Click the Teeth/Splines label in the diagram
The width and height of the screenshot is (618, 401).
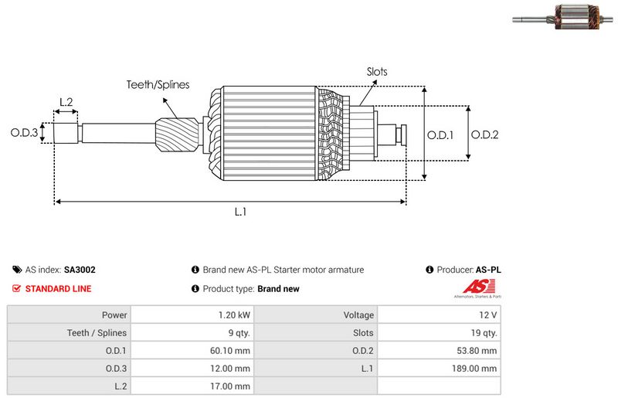158,85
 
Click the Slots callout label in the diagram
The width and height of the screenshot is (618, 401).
377,72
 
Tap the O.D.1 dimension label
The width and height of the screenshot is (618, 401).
440,134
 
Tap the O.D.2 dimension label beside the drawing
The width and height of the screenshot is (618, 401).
484,134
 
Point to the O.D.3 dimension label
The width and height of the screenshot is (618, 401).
24,133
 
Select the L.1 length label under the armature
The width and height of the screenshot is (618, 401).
240,212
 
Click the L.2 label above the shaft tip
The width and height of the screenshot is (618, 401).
66,102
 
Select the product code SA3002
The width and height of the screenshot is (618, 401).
80,270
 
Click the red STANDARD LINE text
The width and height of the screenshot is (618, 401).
58,289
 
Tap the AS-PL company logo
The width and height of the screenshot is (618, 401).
476,291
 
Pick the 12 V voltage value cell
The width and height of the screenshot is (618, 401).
488,315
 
